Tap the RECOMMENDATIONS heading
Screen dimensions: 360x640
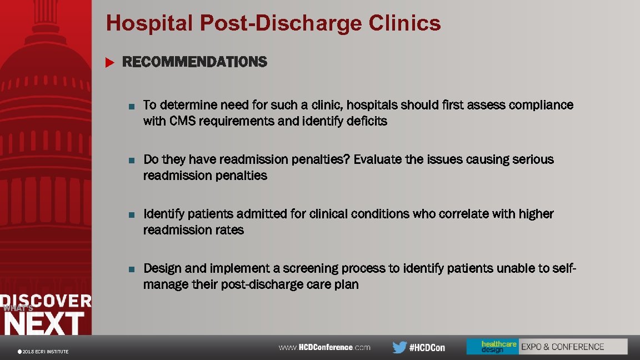[194, 62]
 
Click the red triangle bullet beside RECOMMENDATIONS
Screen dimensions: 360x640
[109, 62]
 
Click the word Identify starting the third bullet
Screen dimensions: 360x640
[163, 214]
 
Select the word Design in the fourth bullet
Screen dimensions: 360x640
[162, 268]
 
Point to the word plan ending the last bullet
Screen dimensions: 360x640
[347, 285]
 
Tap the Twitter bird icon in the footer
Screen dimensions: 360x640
[399, 347]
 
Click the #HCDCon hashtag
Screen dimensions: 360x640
[427, 348]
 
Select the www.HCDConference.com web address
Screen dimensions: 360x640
[324, 347]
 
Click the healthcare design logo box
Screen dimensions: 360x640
[492, 347]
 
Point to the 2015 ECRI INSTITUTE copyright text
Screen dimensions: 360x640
[44, 352]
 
